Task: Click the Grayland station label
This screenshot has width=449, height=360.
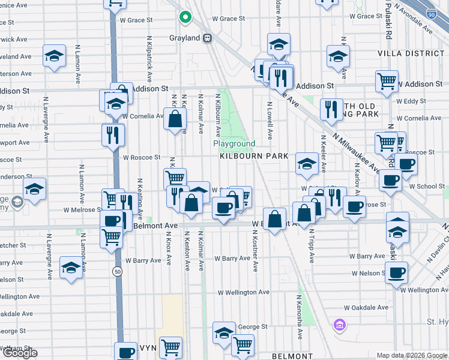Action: tap(185, 38)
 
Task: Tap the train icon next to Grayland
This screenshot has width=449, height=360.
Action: tap(208, 38)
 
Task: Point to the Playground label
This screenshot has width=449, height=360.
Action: tap(234, 144)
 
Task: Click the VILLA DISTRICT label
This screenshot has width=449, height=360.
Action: tap(411, 53)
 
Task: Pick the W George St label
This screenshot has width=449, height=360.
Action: tap(252, 327)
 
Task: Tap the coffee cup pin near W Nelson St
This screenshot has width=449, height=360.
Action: tap(396, 273)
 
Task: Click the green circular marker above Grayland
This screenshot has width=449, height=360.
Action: tap(185, 17)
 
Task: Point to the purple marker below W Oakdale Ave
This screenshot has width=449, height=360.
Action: tap(340, 325)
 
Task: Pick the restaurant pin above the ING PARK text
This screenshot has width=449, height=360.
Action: tap(331, 109)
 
